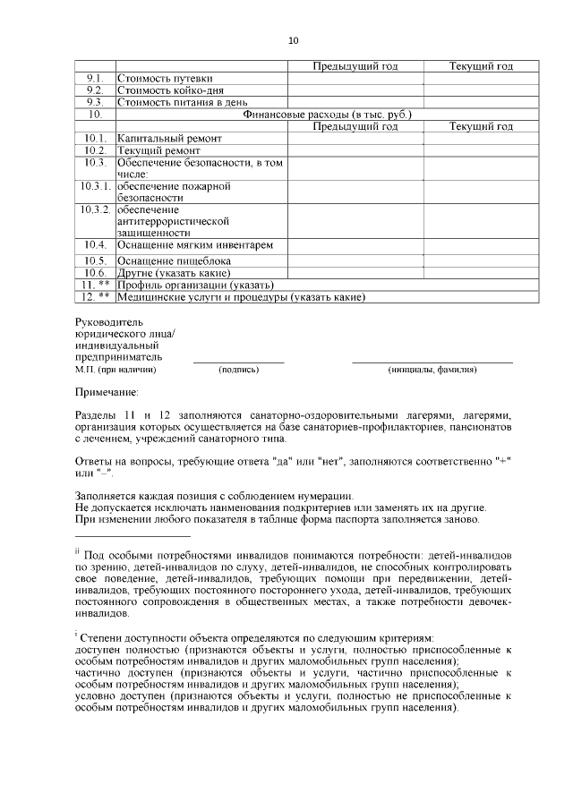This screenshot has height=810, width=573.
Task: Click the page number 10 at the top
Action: (x=294, y=40)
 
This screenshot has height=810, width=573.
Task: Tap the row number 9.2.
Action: (x=96, y=90)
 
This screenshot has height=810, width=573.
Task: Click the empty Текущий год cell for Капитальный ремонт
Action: (x=481, y=139)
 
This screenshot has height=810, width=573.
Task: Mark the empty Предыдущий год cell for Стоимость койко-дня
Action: (x=355, y=90)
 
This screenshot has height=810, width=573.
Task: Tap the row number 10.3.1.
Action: (x=96, y=186)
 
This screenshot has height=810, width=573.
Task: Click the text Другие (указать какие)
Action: (x=174, y=272)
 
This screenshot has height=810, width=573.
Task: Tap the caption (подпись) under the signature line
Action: (x=238, y=369)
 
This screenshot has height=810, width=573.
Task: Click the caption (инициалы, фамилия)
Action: (x=432, y=369)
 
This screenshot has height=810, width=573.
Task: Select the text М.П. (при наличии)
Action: (x=115, y=369)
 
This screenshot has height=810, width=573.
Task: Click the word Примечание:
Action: (x=107, y=391)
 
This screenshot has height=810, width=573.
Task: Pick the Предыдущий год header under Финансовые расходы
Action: (x=355, y=126)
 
